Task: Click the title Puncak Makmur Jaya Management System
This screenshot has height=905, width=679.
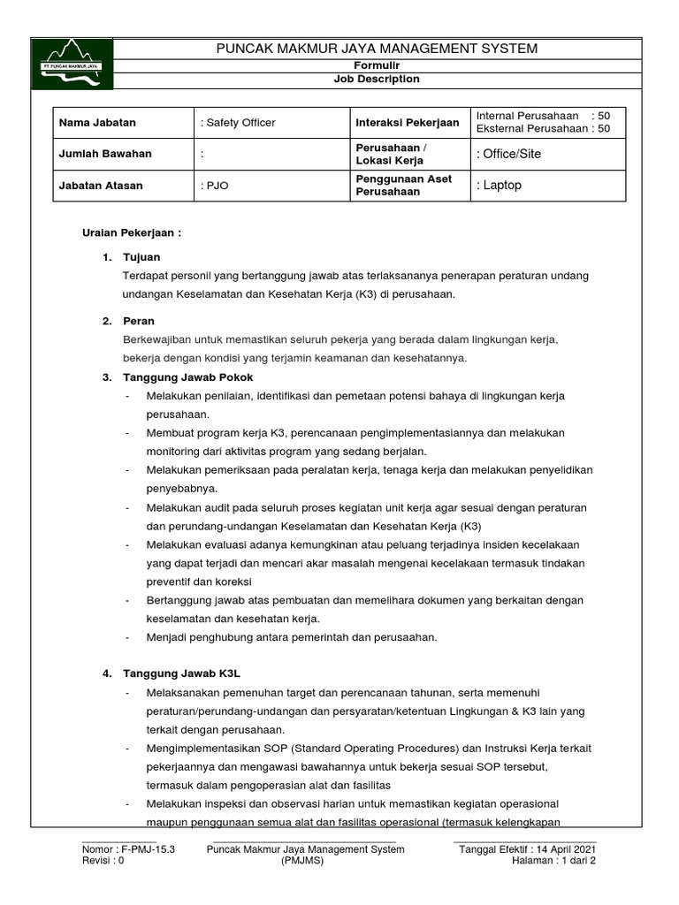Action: (x=377, y=49)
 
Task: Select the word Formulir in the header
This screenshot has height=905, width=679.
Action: (x=377, y=66)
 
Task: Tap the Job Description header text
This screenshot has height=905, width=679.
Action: (x=377, y=79)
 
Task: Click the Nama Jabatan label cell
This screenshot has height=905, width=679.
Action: (x=97, y=123)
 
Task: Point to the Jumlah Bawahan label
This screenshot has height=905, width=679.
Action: (x=104, y=154)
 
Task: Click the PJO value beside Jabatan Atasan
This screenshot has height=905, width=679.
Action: (x=217, y=186)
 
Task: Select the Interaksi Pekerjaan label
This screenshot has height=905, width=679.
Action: (x=407, y=123)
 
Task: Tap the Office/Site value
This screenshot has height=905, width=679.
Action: (x=509, y=154)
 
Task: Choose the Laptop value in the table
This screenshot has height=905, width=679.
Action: (x=500, y=186)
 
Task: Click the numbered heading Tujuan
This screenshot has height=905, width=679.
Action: (x=141, y=257)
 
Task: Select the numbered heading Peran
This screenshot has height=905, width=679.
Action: (x=139, y=322)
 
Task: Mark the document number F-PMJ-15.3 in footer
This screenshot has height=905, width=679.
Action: (x=129, y=849)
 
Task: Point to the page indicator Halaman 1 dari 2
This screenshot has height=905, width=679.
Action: (x=560, y=862)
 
